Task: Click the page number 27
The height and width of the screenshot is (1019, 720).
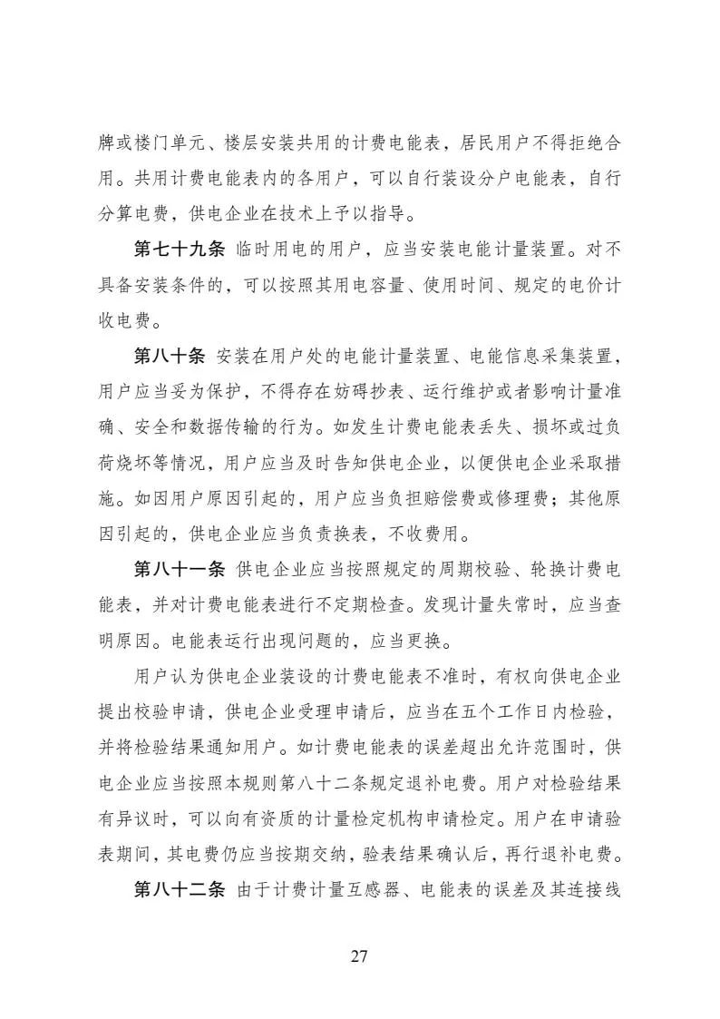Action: (359, 956)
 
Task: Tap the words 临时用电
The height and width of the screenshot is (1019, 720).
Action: (274, 249)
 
